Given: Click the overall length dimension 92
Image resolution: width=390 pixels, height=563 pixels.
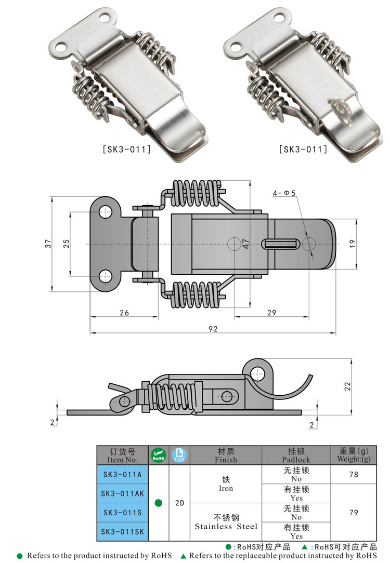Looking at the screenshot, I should tap(213, 328).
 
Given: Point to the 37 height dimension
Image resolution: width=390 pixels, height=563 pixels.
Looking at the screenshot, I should tap(48, 244).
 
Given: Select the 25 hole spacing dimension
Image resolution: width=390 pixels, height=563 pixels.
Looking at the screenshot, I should tap(66, 244).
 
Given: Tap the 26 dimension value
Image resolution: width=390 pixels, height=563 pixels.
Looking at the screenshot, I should tap(124, 312).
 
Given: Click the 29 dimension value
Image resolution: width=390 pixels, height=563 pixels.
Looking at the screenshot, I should tap(271, 312).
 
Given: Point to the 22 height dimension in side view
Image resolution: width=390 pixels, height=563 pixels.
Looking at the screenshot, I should tap(348, 385).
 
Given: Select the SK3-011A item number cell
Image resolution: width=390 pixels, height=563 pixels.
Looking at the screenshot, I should tap(122, 474).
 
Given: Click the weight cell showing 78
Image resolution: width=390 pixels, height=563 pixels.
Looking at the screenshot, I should tap(354, 474).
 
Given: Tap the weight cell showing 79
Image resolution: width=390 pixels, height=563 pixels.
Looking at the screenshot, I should tap(354, 512).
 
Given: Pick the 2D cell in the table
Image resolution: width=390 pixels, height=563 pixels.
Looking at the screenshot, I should tap(179, 503).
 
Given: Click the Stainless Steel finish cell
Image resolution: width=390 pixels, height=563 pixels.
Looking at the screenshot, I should tap(226, 521).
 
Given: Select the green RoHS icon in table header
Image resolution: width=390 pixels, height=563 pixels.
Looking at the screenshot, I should tap(159, 455).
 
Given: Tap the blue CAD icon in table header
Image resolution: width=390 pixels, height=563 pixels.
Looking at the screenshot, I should tap(179, 455).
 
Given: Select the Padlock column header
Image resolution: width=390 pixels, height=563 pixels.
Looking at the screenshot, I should tap(296, 455).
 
